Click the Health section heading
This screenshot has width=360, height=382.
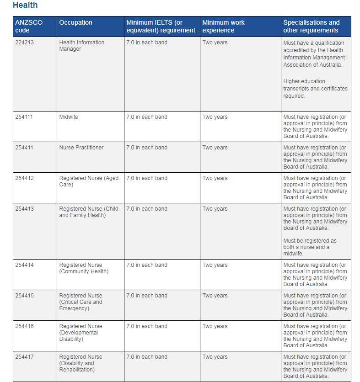25,5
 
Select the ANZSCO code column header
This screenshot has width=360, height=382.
28,26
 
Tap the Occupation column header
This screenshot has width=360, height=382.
75,22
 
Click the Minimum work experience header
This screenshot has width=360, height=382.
224,26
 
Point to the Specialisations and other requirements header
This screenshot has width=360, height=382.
312,26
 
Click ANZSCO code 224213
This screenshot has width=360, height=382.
24,42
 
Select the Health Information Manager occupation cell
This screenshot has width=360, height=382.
81,46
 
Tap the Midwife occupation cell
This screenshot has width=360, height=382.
69,117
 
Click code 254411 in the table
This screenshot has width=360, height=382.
24,148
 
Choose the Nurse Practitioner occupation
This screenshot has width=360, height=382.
81,148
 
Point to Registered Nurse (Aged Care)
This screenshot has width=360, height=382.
89,181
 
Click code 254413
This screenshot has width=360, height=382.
24,209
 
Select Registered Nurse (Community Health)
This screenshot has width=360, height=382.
84,268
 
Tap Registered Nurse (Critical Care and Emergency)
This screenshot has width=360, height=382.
81,302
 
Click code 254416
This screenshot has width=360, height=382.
24,326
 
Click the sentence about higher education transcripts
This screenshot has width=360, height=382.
315,89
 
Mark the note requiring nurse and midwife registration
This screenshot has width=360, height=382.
310,247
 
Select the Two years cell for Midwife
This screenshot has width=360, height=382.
215,117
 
